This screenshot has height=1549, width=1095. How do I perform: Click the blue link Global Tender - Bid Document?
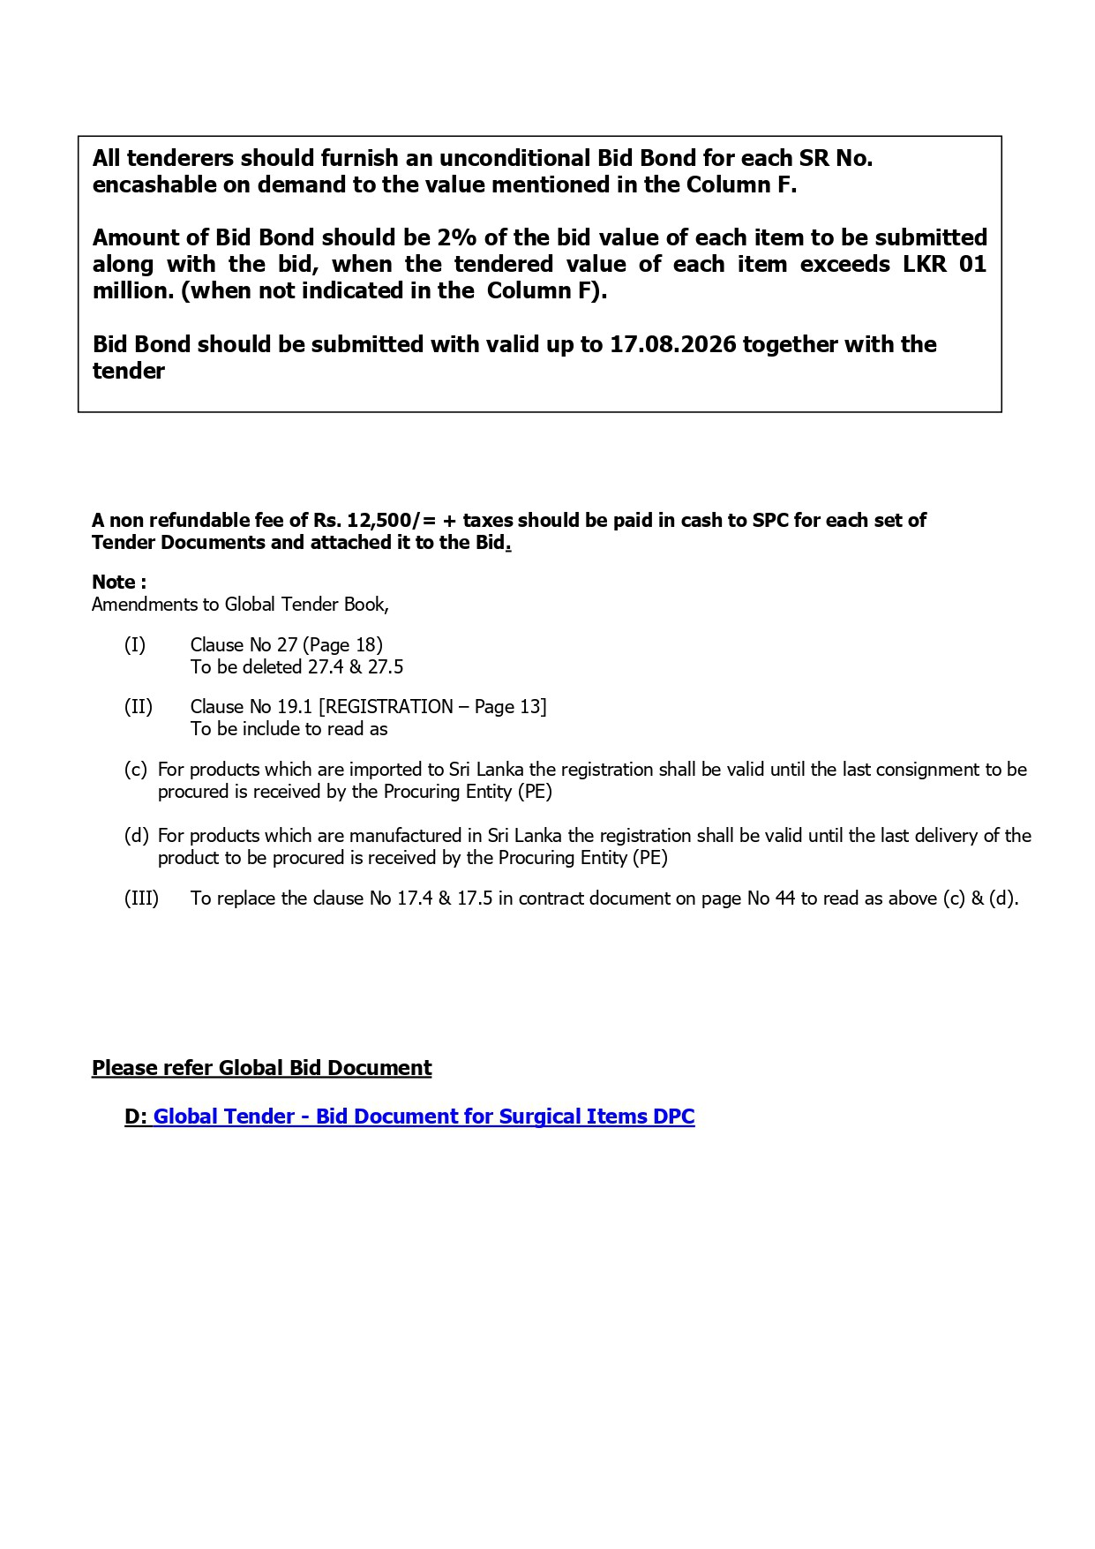[x=424, y=1117]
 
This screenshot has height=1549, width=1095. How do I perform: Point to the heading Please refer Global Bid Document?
[x=261, y=1068]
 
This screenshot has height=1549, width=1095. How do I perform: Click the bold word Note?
[x=114, y=583]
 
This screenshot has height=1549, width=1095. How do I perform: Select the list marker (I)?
[x=134, y=645]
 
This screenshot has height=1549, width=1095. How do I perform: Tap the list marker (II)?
[x=138, y=707]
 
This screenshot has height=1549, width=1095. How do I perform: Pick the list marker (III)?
[x=141, y=899]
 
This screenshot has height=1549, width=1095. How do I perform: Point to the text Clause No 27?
[x=244, y=645]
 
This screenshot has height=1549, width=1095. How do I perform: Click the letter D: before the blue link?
[x=136, y=1117]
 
